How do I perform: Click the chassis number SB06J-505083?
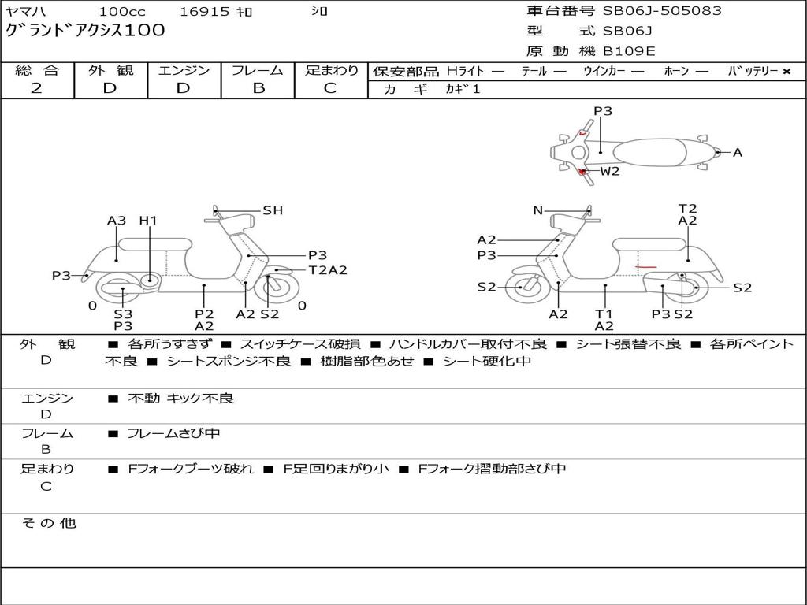tap(662, 11)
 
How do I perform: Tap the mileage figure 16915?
tap(204, 11)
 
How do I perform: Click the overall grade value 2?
tap(36, 88)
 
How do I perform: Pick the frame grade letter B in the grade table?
tap(258, 88)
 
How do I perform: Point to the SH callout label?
tap(273, 210)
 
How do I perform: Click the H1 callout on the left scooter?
tap(148, 221)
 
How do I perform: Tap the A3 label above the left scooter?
tap(117, 221)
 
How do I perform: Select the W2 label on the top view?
tap(610, 171)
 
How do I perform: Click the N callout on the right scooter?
tap(537, 210)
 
